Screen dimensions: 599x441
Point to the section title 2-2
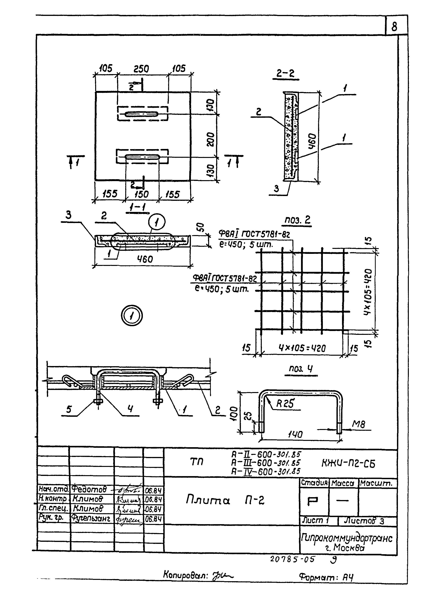click(285, 73)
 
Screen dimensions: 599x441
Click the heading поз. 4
click(301, 369)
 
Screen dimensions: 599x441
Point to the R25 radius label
click(285, 404)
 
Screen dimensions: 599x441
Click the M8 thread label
click(358, 424)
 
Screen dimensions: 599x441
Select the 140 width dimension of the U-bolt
click(295, 435)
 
